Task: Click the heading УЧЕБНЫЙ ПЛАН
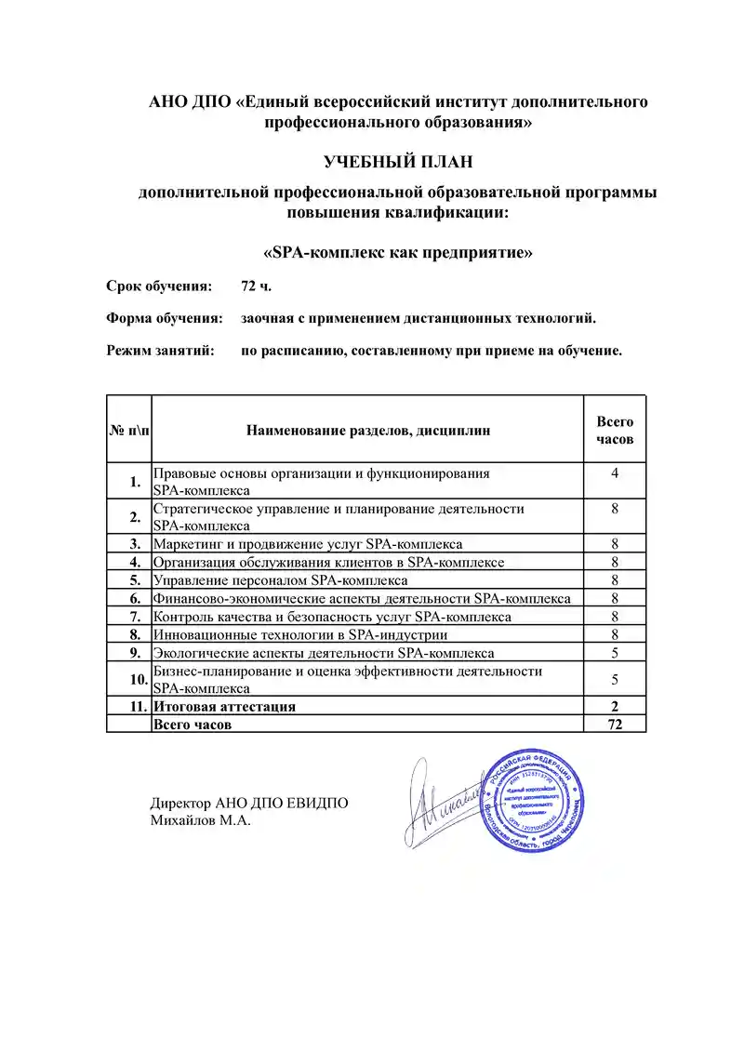[x=398, y=162]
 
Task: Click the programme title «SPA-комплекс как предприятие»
[x=398, y=253]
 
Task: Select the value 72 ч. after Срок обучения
[x=257, y=286]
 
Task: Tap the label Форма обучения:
[x=165, y=319]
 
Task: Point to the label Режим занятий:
[x=160, y=352]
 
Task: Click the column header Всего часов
[x=615, y=430]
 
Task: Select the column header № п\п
[x=129, y=430]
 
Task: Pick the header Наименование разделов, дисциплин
[x=368, y=430]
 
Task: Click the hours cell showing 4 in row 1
[x=615, y=474]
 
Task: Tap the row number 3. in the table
[x=135, y=544]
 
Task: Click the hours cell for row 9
[x=615, y=653]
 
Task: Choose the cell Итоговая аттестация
[x=224, y=707]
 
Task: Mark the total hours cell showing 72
[x=615, y=725]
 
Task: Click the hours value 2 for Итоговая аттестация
[x=615, y=707]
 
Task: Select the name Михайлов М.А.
[x=201, y=821]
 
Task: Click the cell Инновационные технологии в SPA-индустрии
[x=300, y=635]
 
